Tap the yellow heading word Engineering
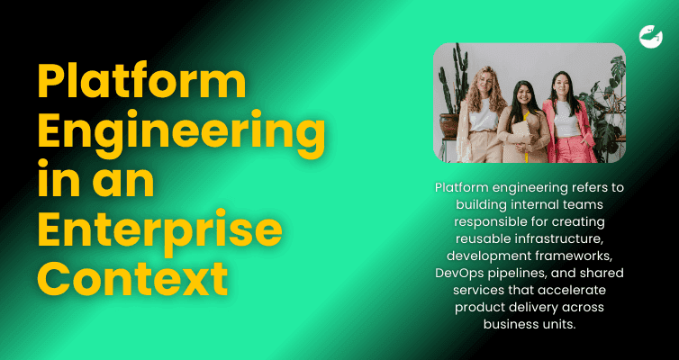coord(180,132)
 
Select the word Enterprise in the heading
coord(160,231)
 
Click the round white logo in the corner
coord(650,36)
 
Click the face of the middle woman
coord(523,94)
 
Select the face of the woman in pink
coord(561,85)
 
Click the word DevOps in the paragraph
coord(460,273)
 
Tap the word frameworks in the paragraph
coord(565,256)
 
